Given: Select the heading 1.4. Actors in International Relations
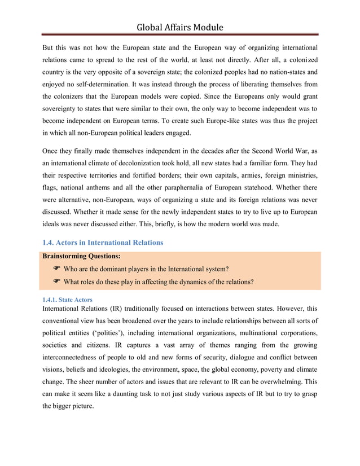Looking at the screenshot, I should tap(103, 243).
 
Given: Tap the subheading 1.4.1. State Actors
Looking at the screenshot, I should tap(68, 299).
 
